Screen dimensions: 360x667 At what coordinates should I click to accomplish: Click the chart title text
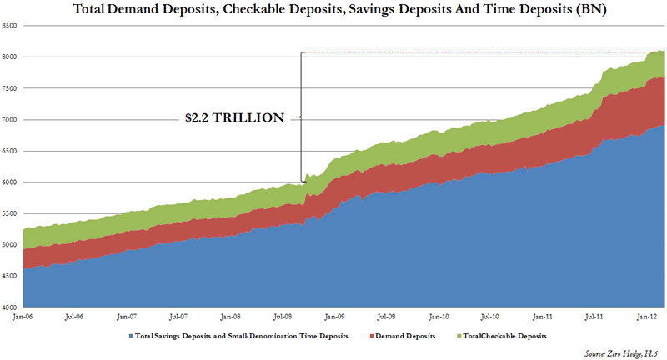point(333,10)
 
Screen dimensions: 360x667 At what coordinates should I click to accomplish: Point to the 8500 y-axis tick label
point(11,26)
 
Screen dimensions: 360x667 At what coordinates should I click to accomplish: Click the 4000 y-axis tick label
point(11,307)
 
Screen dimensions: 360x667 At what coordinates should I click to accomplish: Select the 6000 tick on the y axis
point(11,182)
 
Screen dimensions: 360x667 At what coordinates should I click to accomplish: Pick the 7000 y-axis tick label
point(11,120)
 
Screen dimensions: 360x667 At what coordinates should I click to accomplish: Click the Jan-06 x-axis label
point(23,317)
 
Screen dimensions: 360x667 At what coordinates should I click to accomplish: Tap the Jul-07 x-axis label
point(178,317)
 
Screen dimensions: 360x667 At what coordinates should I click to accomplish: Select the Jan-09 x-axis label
point(334,317)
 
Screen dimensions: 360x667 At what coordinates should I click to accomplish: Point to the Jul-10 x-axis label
point(490,317)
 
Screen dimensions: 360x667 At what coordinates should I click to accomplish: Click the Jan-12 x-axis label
point(646,317)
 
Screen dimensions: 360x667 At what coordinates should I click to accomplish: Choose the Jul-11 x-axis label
point(594,317)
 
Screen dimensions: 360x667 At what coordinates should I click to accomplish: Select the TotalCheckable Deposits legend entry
point(493,336)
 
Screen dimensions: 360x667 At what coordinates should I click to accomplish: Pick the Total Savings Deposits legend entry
point(233,336)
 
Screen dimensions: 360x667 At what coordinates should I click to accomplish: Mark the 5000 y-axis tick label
point(11,245)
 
